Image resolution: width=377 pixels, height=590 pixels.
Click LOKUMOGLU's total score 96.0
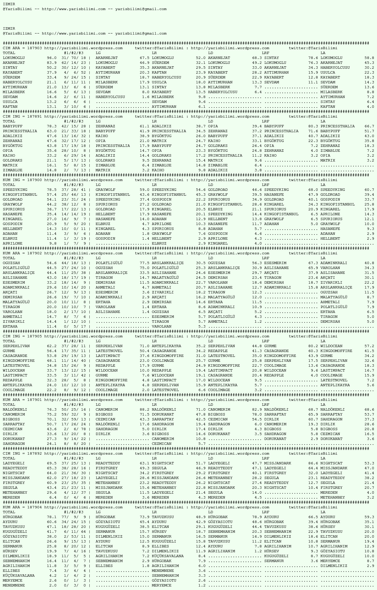pyautogui.click(x=51, y=58)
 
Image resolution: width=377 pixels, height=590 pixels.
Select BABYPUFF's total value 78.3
pyautogui.click(x=51, y=126)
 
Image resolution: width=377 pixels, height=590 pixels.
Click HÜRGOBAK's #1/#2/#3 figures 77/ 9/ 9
pyautogui.click(x=73, y=517)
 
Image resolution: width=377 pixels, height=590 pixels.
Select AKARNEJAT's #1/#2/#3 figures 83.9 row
pyautogui.click(x=73, y=63)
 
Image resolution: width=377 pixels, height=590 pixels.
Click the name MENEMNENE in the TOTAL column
pyautogui.click(x=14, y=585)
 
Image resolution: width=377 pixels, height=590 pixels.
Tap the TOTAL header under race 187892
pyautogui.click(x=9, y=458)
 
